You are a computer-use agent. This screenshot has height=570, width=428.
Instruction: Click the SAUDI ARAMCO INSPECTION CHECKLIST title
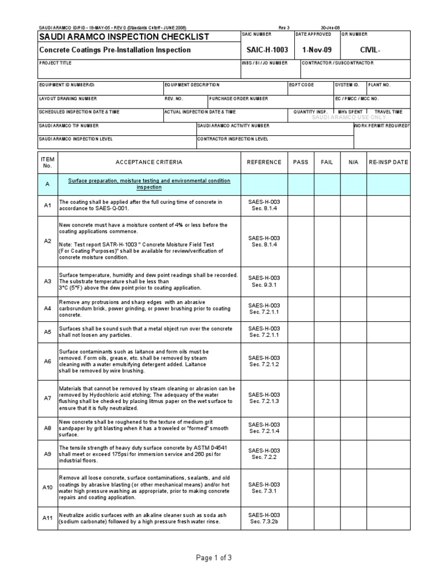coord(124,37)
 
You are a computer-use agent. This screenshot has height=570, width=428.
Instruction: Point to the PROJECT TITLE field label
coord(55,63)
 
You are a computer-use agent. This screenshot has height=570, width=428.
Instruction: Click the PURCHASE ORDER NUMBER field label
coord(239,98)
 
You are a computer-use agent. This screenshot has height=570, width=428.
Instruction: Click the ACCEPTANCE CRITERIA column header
coord(148,162)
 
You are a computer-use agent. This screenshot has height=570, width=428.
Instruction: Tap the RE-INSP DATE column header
coord(388,162)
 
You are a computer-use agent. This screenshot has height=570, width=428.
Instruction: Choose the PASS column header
coord(300,162)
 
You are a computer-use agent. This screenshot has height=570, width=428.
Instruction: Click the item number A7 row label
coord(47,398)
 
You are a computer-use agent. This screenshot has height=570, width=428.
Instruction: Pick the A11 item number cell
coord(47,518)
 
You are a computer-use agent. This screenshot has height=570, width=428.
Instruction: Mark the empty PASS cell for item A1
coord(300,205)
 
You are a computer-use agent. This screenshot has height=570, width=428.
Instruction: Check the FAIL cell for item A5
coord(327,332)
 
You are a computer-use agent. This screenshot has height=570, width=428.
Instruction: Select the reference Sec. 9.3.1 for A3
coord(265,285)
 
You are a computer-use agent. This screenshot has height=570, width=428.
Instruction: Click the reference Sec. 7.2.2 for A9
coord(265,457)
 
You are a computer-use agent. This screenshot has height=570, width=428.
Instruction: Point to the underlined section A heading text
coord(149,184)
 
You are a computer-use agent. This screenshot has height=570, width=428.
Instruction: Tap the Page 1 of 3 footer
coord(214,557)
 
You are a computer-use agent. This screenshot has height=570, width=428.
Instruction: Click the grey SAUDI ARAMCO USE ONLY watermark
coord(348,117)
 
